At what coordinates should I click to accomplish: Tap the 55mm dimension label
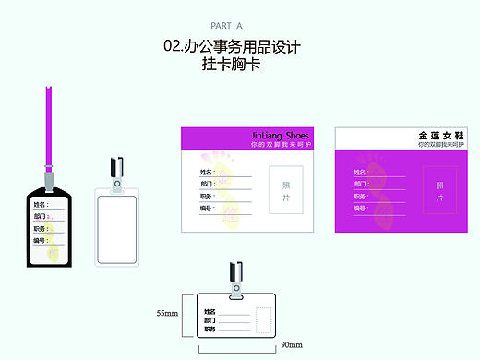pos(167,314)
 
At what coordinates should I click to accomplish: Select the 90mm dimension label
pos(290,344)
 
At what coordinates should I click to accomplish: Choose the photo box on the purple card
pos(439,191)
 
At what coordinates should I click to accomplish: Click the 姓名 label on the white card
pos(207,172)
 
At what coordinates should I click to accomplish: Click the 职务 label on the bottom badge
pos(210,329)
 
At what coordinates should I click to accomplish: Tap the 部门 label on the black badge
pos(40,216)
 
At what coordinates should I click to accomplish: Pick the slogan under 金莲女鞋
pos(438,145)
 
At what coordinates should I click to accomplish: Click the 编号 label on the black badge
pos(40,240)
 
